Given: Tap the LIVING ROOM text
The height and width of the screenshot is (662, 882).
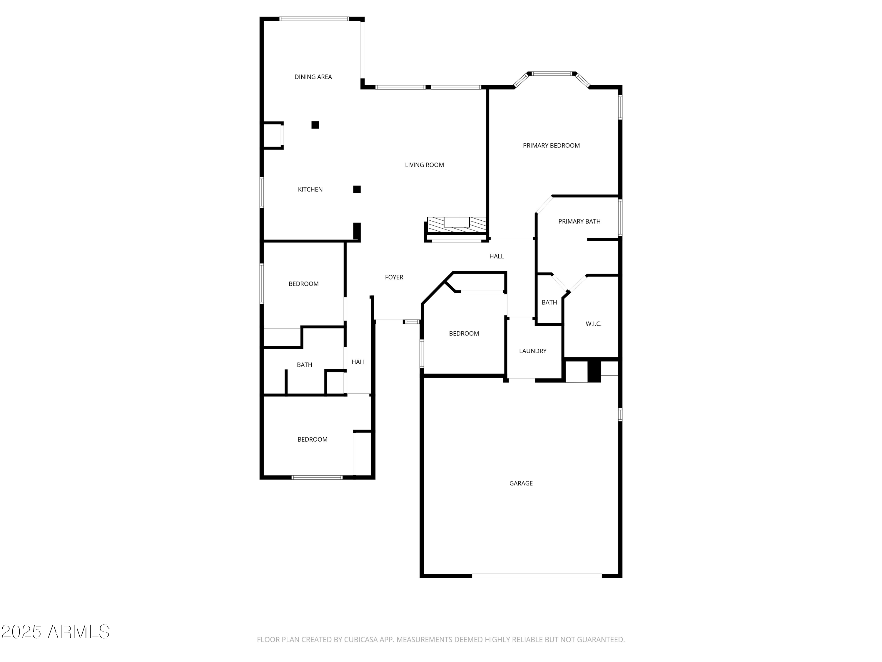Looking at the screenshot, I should (x=424, y=165).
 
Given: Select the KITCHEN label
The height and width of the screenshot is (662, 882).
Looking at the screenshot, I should (x=310, y=189).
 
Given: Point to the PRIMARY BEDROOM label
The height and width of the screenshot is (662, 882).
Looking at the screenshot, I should (x=551, y=146).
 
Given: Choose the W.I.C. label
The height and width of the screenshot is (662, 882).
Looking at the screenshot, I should (x=593, y=324).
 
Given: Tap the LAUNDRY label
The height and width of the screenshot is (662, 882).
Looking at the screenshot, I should (x=532, y=351).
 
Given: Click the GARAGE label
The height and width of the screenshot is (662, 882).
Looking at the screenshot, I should (x=521, y=483).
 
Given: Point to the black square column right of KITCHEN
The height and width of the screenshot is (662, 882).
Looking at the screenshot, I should (x=357, y=189).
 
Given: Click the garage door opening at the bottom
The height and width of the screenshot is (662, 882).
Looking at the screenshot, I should (x=537, y=576).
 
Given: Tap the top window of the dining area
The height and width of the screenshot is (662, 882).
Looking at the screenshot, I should (x=314, y=19).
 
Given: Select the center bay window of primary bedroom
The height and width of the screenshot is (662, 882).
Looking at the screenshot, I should (x=552, y=74).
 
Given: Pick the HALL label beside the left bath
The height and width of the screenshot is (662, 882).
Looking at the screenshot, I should (x=358, y=362).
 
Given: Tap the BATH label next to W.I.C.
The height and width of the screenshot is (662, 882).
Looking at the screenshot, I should (x=549, y=302).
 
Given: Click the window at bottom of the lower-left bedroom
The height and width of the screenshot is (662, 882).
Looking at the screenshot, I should (x=317, y=477).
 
